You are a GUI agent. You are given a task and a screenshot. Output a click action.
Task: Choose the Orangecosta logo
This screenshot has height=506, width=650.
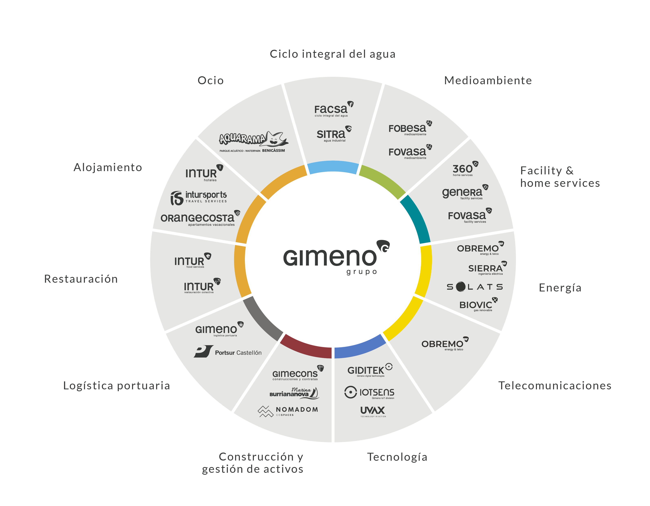[200, 218]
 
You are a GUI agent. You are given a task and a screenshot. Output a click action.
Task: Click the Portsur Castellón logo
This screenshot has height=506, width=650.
[228, 352]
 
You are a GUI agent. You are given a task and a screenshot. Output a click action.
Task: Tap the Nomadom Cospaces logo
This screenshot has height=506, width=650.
[288, 411]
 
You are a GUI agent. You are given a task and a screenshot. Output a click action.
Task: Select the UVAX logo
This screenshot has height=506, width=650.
[373, 412]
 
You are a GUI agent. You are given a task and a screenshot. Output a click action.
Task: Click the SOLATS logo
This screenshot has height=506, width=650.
[475, 287]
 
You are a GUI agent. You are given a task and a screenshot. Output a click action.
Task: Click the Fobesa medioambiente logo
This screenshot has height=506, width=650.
[410, 128]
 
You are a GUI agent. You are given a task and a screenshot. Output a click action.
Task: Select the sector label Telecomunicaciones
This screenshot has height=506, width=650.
[555, 385]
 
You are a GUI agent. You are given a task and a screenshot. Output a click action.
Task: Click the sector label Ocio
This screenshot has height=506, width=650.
[210, 80]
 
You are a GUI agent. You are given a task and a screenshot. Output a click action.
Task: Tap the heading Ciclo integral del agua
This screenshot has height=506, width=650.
[333, 54]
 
